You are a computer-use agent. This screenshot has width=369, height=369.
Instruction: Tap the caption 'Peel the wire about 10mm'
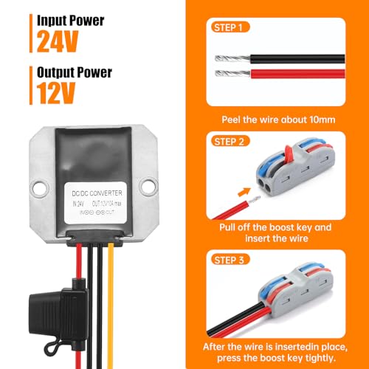[x=278, y=119]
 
